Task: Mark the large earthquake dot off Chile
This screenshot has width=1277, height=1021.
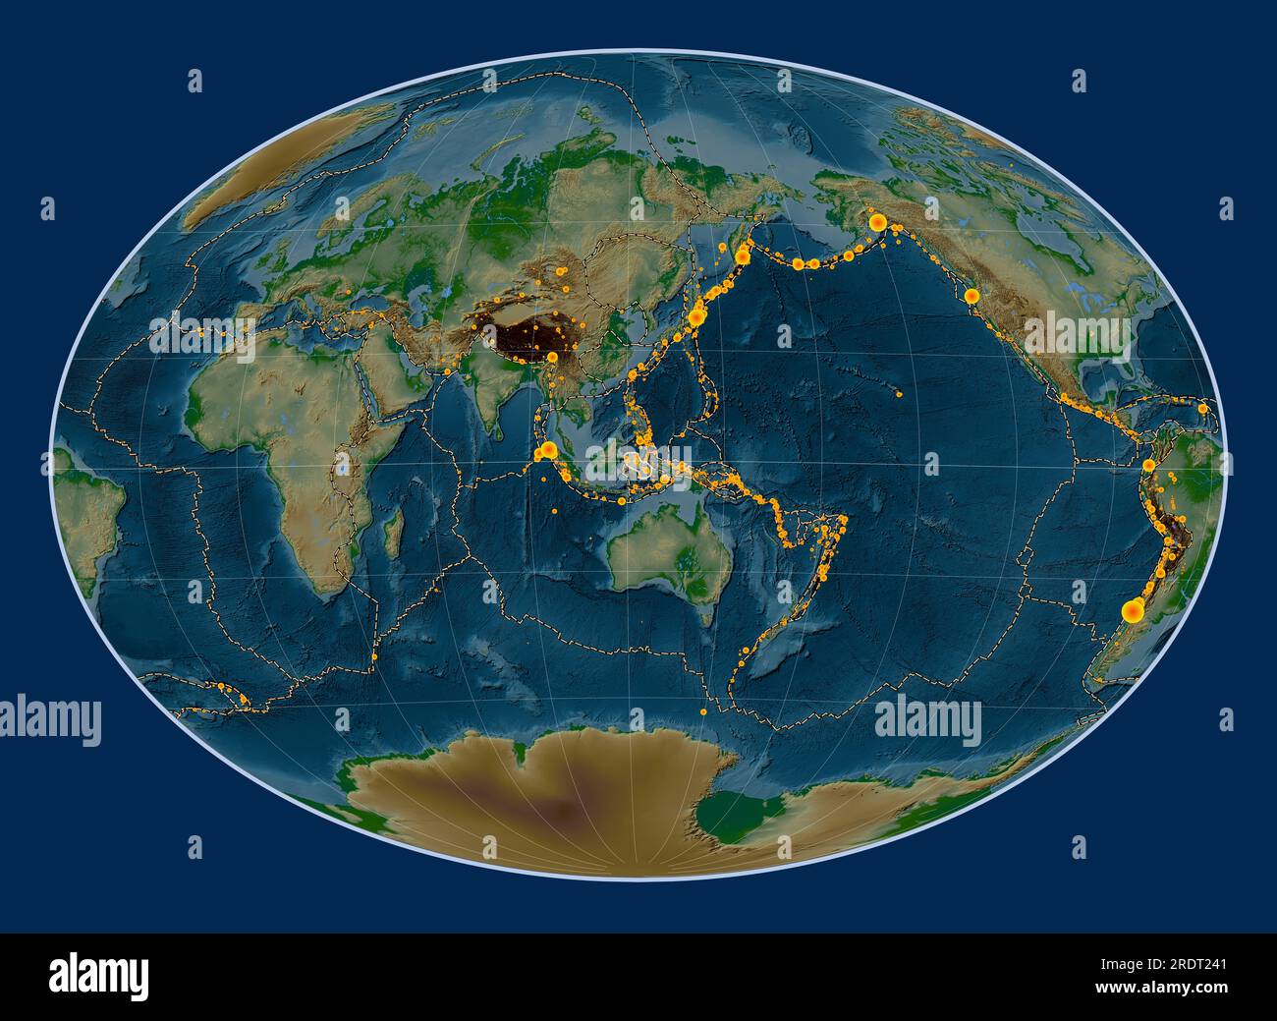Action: (1134, 611)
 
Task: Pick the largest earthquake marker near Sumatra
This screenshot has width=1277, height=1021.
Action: (548, 451)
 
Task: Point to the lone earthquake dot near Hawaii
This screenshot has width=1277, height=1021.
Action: (900, 395)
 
